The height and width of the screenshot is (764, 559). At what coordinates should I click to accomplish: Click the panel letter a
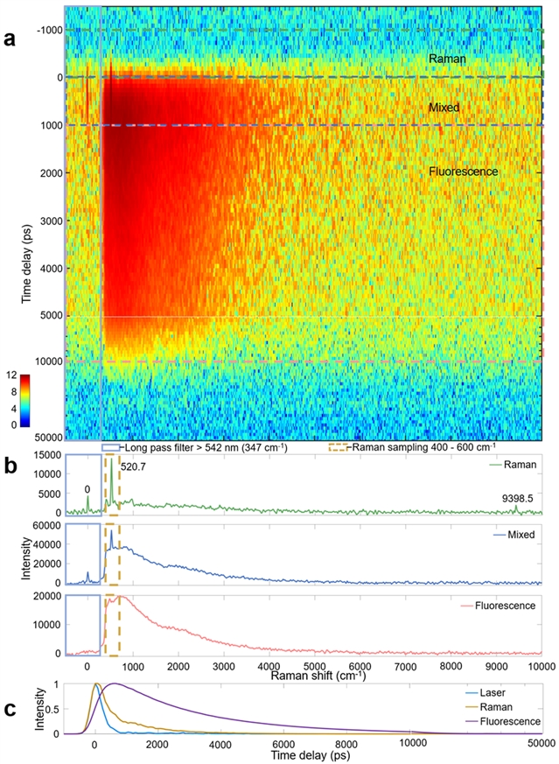(10, 39)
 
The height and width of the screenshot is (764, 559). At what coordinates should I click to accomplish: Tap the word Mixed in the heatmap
(444, 108)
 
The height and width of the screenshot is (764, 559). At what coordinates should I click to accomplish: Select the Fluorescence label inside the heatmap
(464, 172)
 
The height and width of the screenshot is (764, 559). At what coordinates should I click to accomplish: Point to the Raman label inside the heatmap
(447, 60)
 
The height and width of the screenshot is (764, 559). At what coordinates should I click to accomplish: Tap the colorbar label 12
(11, 375)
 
